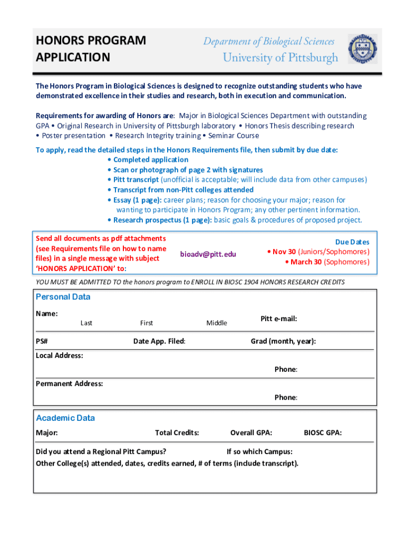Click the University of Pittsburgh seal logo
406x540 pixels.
(x=363, y=49)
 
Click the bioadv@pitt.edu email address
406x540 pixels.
(x=208, y=254)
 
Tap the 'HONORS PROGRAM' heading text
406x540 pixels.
(x=91, y=41)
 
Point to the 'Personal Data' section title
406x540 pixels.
(x=63, y=297)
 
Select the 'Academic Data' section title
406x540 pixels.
(x=65, y=418)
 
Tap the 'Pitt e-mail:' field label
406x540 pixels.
(x=278, y=319)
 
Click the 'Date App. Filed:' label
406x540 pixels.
(x=159, y=341)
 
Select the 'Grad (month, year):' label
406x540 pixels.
(x=283, y=341)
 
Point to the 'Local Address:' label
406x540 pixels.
(x=59, y=355)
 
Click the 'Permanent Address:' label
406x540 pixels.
(x=69, y=383)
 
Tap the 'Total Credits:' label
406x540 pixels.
(x=177, y=433)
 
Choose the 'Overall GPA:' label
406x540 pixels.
(x=251, y=433)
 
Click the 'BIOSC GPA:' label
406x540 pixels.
(x=323, y=433)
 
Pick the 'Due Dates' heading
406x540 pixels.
(x=352, y=242)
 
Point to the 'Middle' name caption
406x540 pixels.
(x=217, y=323)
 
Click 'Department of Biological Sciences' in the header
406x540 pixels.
(x=269, y=42)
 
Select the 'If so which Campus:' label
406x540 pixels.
(x=259, y=451)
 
